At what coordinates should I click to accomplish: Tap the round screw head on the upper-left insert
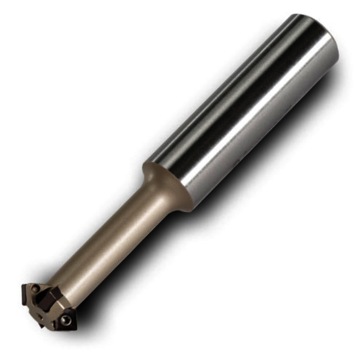point(35,289)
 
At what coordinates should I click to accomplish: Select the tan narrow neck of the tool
point(112,242)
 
